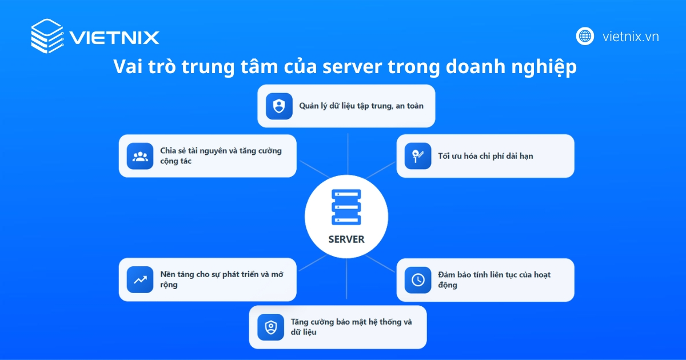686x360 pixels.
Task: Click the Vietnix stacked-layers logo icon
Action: tap(47, 36)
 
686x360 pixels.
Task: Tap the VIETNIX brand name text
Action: tap(114, 38)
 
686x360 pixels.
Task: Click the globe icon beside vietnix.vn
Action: tap(585, 36)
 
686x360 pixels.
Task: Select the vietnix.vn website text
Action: tap(631, 37)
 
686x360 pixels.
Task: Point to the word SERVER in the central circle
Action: tap(346, 239)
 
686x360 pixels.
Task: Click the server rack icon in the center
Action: tap(346, 207)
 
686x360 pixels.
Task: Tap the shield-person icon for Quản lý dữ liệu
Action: tap(279, 106)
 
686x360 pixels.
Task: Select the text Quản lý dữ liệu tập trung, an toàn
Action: tap(361, 106)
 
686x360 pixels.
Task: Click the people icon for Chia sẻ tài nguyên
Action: tap(140, 156)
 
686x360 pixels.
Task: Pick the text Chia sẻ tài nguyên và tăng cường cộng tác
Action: tap(221, 156)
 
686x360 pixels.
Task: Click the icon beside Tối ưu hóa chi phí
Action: tap(418, 156)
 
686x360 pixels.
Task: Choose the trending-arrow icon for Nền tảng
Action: tap(140, 280)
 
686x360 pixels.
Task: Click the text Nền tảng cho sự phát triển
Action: tap(221, 279)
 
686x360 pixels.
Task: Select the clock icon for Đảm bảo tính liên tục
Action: tap(418, 280)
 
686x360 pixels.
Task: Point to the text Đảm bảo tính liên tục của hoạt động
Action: tap(494, 279)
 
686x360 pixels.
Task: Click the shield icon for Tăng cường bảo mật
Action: tap(270, 327)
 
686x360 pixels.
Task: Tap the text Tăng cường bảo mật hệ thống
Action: tap(351, 326)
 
